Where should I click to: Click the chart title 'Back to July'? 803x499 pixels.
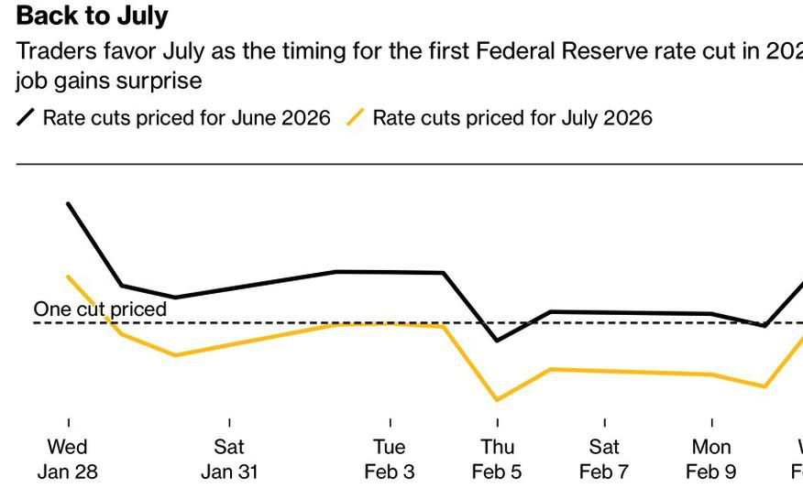(x=93, y=16)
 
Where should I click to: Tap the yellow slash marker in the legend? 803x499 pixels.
(x=356, y=117)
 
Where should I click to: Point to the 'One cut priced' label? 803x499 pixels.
(x=100, y=309)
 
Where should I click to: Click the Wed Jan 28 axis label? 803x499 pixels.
(x=68, y=460)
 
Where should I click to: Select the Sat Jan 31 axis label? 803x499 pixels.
(x=229, y=460)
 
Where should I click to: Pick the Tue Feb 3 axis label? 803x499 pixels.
(x=390, y=460)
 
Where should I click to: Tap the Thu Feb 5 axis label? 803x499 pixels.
(x=497, y=460)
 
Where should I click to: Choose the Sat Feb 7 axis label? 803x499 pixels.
(x=604, y=460)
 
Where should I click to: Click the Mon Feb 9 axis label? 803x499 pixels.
(x=711, y=460)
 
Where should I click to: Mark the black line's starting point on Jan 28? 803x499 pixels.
(x=69, y=204)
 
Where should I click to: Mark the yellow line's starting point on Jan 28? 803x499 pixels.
(x=69, y=277)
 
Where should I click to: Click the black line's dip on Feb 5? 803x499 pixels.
(x=497, y=341)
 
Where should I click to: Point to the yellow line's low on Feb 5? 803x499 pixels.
(x=497, y=400)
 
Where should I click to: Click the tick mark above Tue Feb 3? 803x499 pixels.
(x=390, y=423)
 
